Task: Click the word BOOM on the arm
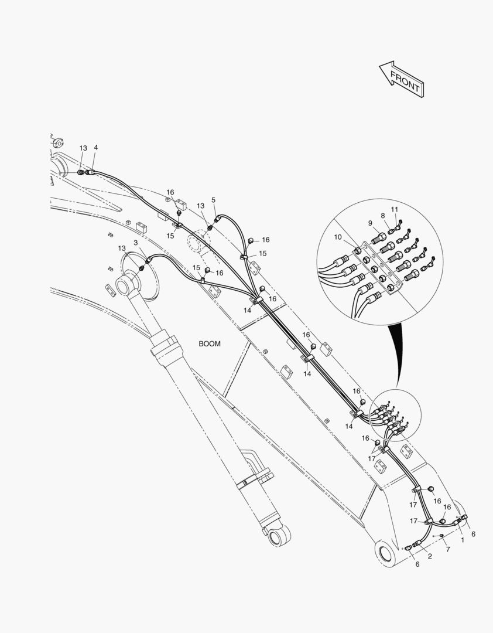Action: click(x=210, y=344)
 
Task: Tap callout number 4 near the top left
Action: click(x=95, y=148)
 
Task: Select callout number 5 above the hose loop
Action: click(x=214, y=200)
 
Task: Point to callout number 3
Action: click(x=135, y=243)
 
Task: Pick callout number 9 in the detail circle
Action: click(x=370, y=223)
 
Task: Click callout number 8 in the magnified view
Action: click(x=383, y=216)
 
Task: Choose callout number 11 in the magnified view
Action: click(x=395, y=209)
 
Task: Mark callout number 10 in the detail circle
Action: click(x=338, y=237)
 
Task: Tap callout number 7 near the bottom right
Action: click(x=448, y=549)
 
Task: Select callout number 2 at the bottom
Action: click(x=430, y=556)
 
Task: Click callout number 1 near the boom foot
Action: click(x=462, y=540)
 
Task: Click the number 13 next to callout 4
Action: click(x=83, y=148)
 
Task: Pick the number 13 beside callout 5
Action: click(x=200, y=206)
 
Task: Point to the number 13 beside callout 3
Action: click(x=122, y=249)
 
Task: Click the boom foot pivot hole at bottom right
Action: click(x=387, y=552)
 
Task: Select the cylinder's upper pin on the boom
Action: click(x=125, y=286)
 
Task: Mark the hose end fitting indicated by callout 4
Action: click(x=91, y=172)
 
